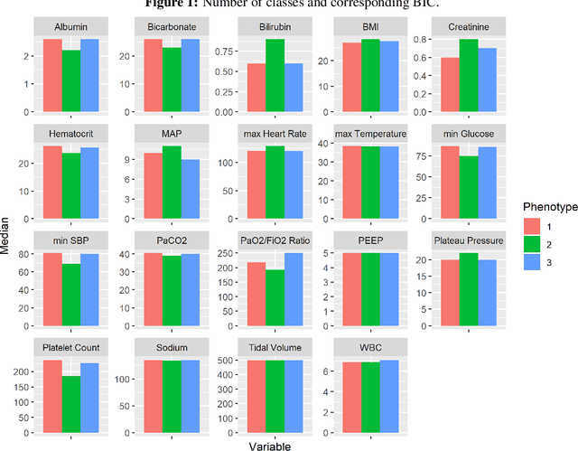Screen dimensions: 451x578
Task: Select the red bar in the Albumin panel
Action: pyautogui.click(x=52, y=77)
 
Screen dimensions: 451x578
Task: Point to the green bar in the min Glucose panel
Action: pyautogui.click(x=468, y=184)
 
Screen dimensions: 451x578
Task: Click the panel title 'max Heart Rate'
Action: pyautogui.click(x=275, y=134)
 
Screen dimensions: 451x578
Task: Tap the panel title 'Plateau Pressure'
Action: pyautogui.click(x=468, y=240)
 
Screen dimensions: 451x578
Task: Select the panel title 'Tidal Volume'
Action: pyautogui.click(x=275, y=348)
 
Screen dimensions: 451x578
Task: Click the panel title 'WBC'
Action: pyautogui.click(x=370, y=348)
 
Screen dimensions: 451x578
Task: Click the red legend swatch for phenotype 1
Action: pyautogui.click(x=532, y=226)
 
